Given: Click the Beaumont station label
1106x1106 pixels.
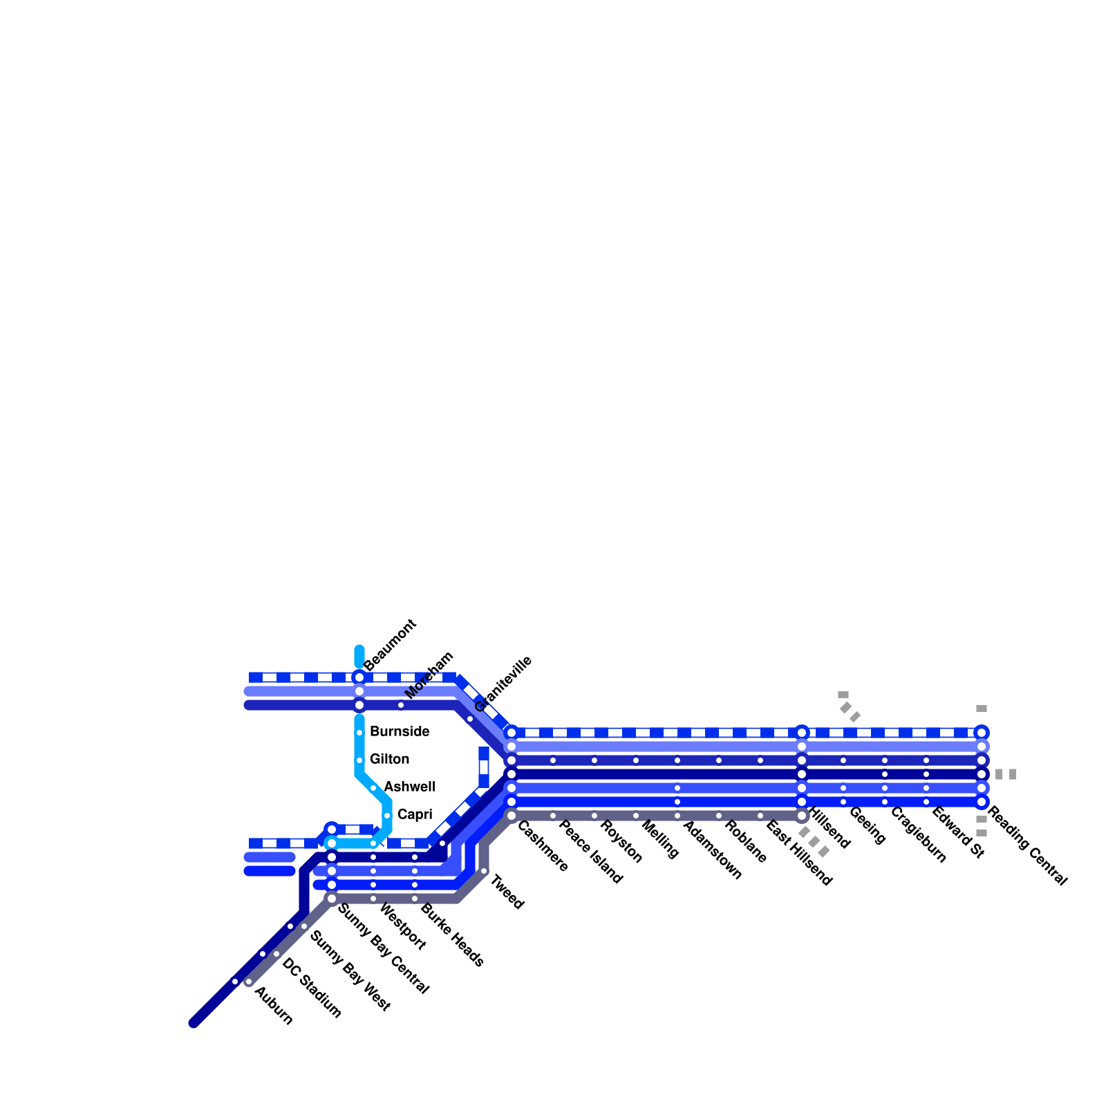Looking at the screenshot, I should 391,644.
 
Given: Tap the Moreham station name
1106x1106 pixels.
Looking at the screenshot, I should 429,675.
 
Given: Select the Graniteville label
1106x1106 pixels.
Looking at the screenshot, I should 504,683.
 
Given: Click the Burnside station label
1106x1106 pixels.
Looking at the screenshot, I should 400,731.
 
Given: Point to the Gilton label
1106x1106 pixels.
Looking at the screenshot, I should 389,759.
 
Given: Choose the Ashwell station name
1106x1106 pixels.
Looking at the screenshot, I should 409,787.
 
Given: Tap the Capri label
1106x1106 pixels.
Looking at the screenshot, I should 415,814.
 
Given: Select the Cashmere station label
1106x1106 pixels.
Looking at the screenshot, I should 543,846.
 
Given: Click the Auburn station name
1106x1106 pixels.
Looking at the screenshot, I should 274,1005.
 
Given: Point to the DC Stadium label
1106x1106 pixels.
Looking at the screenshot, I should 312,988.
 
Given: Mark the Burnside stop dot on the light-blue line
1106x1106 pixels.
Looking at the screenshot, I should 359,733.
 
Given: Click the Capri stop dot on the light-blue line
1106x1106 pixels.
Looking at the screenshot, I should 387,816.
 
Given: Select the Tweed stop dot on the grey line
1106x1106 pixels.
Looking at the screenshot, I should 484,871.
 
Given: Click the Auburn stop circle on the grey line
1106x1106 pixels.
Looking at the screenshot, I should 249,982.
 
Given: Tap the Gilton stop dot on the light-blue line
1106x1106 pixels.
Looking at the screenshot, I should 359,760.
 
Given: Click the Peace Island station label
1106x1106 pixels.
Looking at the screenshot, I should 591,852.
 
